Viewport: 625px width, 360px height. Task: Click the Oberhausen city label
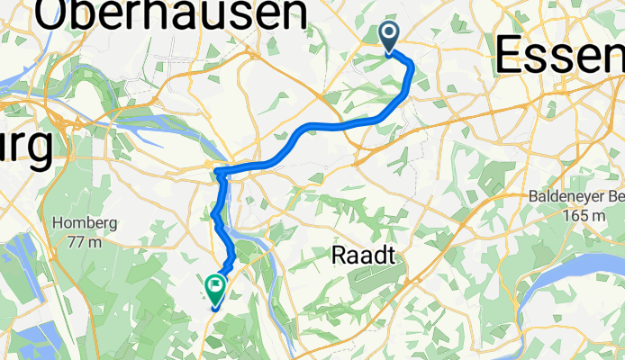[x=171, y=16]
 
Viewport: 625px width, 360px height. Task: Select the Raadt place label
[x=365, y=255]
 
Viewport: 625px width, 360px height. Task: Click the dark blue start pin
[x=390, y=37]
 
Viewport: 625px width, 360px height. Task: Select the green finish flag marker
[x=216, y=288]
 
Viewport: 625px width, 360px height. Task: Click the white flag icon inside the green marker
[x=216, y=285]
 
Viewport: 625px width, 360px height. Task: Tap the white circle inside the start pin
[x=390, y=34]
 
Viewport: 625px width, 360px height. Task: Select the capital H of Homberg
[x=59, y=224]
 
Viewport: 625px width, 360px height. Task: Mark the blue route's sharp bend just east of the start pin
[x=411, y=65]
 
